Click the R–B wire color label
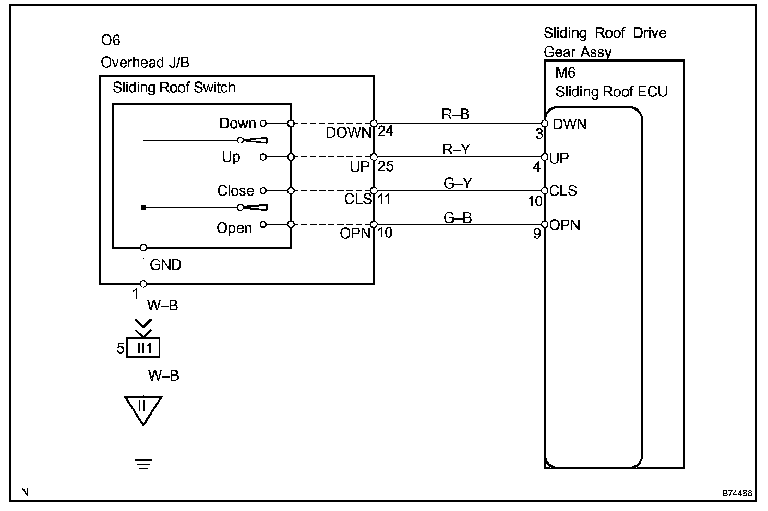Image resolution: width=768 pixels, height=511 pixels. tap(455, 115)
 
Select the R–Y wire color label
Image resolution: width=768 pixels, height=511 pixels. tap(456, 150)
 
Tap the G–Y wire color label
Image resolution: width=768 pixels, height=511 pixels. tap(458, 184)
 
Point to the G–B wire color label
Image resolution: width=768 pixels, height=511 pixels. tap(458, 217)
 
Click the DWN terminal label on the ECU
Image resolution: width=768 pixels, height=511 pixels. tap(569, 125)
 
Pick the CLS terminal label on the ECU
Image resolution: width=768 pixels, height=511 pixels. tap(563, 191)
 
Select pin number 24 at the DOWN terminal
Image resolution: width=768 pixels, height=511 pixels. tap(385, 131)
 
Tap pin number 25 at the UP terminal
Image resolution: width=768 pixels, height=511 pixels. tap(385, 166)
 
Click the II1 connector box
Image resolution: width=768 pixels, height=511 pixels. tap(143, 348)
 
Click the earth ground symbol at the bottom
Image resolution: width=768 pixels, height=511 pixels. tap(142, 464)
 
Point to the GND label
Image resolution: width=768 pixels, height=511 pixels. tap(165, 265)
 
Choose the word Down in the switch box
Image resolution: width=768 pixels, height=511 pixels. tap(237, 124)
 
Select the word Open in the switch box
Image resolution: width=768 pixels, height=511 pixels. tap(234, 228)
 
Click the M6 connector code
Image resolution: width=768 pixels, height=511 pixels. tap(565, 72)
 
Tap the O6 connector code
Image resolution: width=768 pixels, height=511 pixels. tap(111, 41)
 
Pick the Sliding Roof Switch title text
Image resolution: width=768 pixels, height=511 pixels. tap(174, 88)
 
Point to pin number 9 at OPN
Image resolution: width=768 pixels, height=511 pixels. tap(537, 234)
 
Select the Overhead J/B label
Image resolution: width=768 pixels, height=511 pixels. tap(145, 63)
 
